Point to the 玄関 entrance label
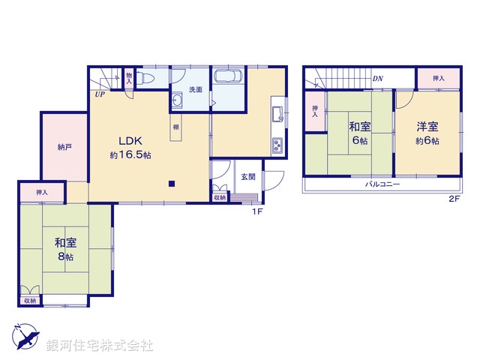[247, 177]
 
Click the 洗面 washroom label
[195, 89]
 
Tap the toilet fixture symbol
[148, 77]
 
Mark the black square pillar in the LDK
[171, 183]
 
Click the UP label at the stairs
[99, 94]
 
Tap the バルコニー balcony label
[382, 184]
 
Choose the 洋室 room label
[428, 127]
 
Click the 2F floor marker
[454, 199]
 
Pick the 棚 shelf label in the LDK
[175, 127]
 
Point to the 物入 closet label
[129, 76]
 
